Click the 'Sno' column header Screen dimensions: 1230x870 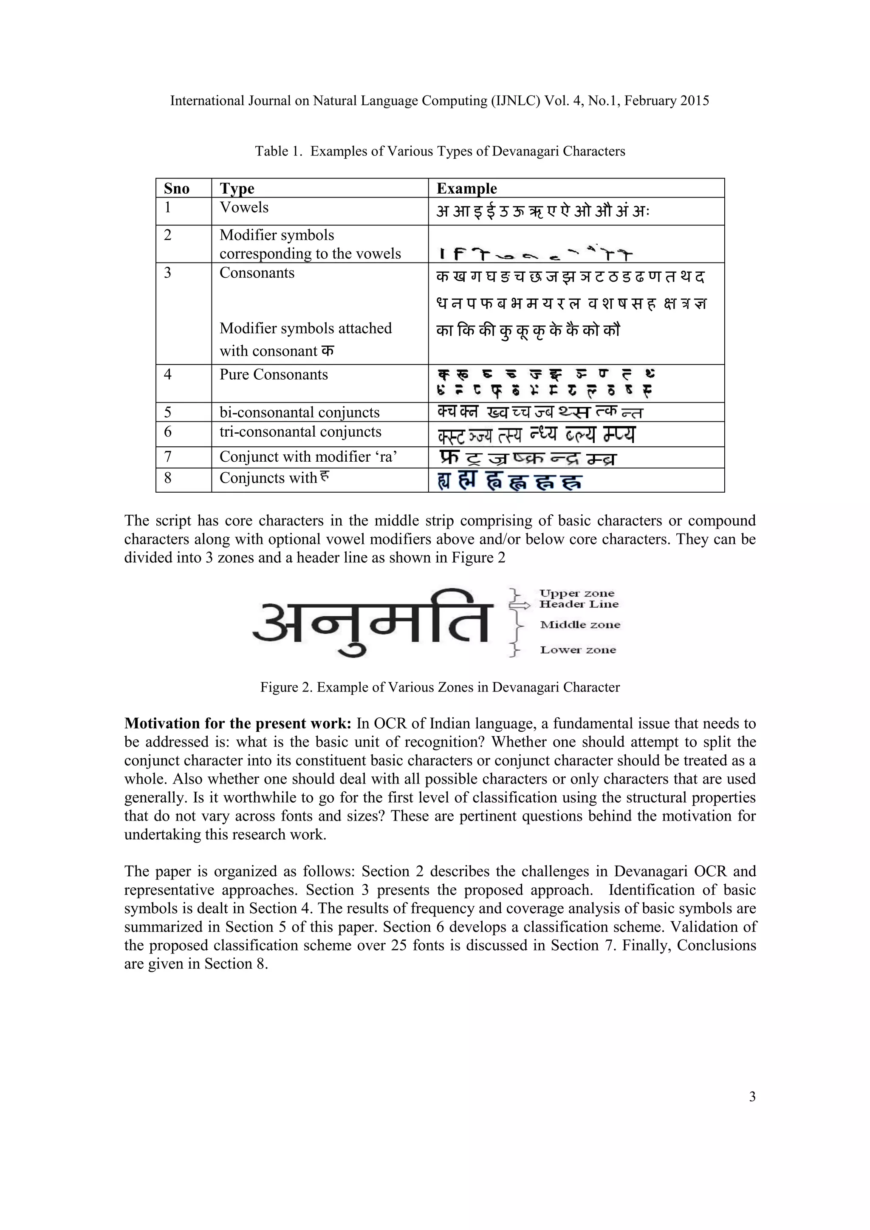[x=177, y=189]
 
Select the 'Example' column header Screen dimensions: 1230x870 [x=466, y=189]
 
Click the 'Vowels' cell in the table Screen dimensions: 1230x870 [x=244, y=207]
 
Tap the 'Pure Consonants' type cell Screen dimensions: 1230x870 [x=274, y=375]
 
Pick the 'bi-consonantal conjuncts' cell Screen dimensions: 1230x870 [x=299, y=412]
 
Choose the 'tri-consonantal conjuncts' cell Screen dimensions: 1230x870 [x=300, y=432]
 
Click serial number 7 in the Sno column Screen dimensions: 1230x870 [x=168, y=457]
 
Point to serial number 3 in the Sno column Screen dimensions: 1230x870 [x=168, y=273]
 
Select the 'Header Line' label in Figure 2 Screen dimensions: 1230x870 [x=579, y=604]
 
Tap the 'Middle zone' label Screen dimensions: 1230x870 [x=580, y=625]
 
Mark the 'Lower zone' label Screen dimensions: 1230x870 [x=578, y=650]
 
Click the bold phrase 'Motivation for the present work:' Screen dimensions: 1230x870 [x=238, y=724]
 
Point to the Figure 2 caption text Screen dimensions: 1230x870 [x=440, y=687]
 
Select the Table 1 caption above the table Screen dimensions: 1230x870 [x=440, y=151]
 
